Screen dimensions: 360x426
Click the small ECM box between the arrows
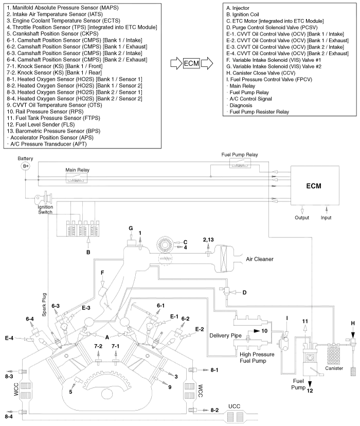[x=192, y=64]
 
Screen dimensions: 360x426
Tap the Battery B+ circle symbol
[x=26, y=166]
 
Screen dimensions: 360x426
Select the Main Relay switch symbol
[x=77, y=178]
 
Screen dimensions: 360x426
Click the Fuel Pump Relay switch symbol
[x=240, y=163]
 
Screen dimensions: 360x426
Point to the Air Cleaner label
[x=260, y=259]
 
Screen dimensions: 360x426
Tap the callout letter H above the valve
[x=353, y=323]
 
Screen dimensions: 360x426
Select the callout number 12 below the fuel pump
[x=310, y=391]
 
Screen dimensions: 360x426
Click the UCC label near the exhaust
[x=234, y=406]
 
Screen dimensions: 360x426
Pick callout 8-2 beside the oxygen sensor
[x=214, y=410]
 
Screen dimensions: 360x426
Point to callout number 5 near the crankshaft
[x=70, y=392]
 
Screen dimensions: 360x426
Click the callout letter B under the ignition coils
[x=88, y=252]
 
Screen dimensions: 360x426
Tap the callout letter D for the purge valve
[x=244, y=292]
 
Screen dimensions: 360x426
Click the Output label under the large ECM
[x=302, y=217]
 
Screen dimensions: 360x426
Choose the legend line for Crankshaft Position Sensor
[x=53, y=34]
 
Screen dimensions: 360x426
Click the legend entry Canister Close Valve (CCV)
[x=261, y=73]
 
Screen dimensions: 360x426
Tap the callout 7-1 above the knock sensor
[x=116, y=346]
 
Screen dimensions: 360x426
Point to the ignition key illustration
[x=44, y=198]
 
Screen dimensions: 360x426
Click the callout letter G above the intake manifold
[x=131, y=228]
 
